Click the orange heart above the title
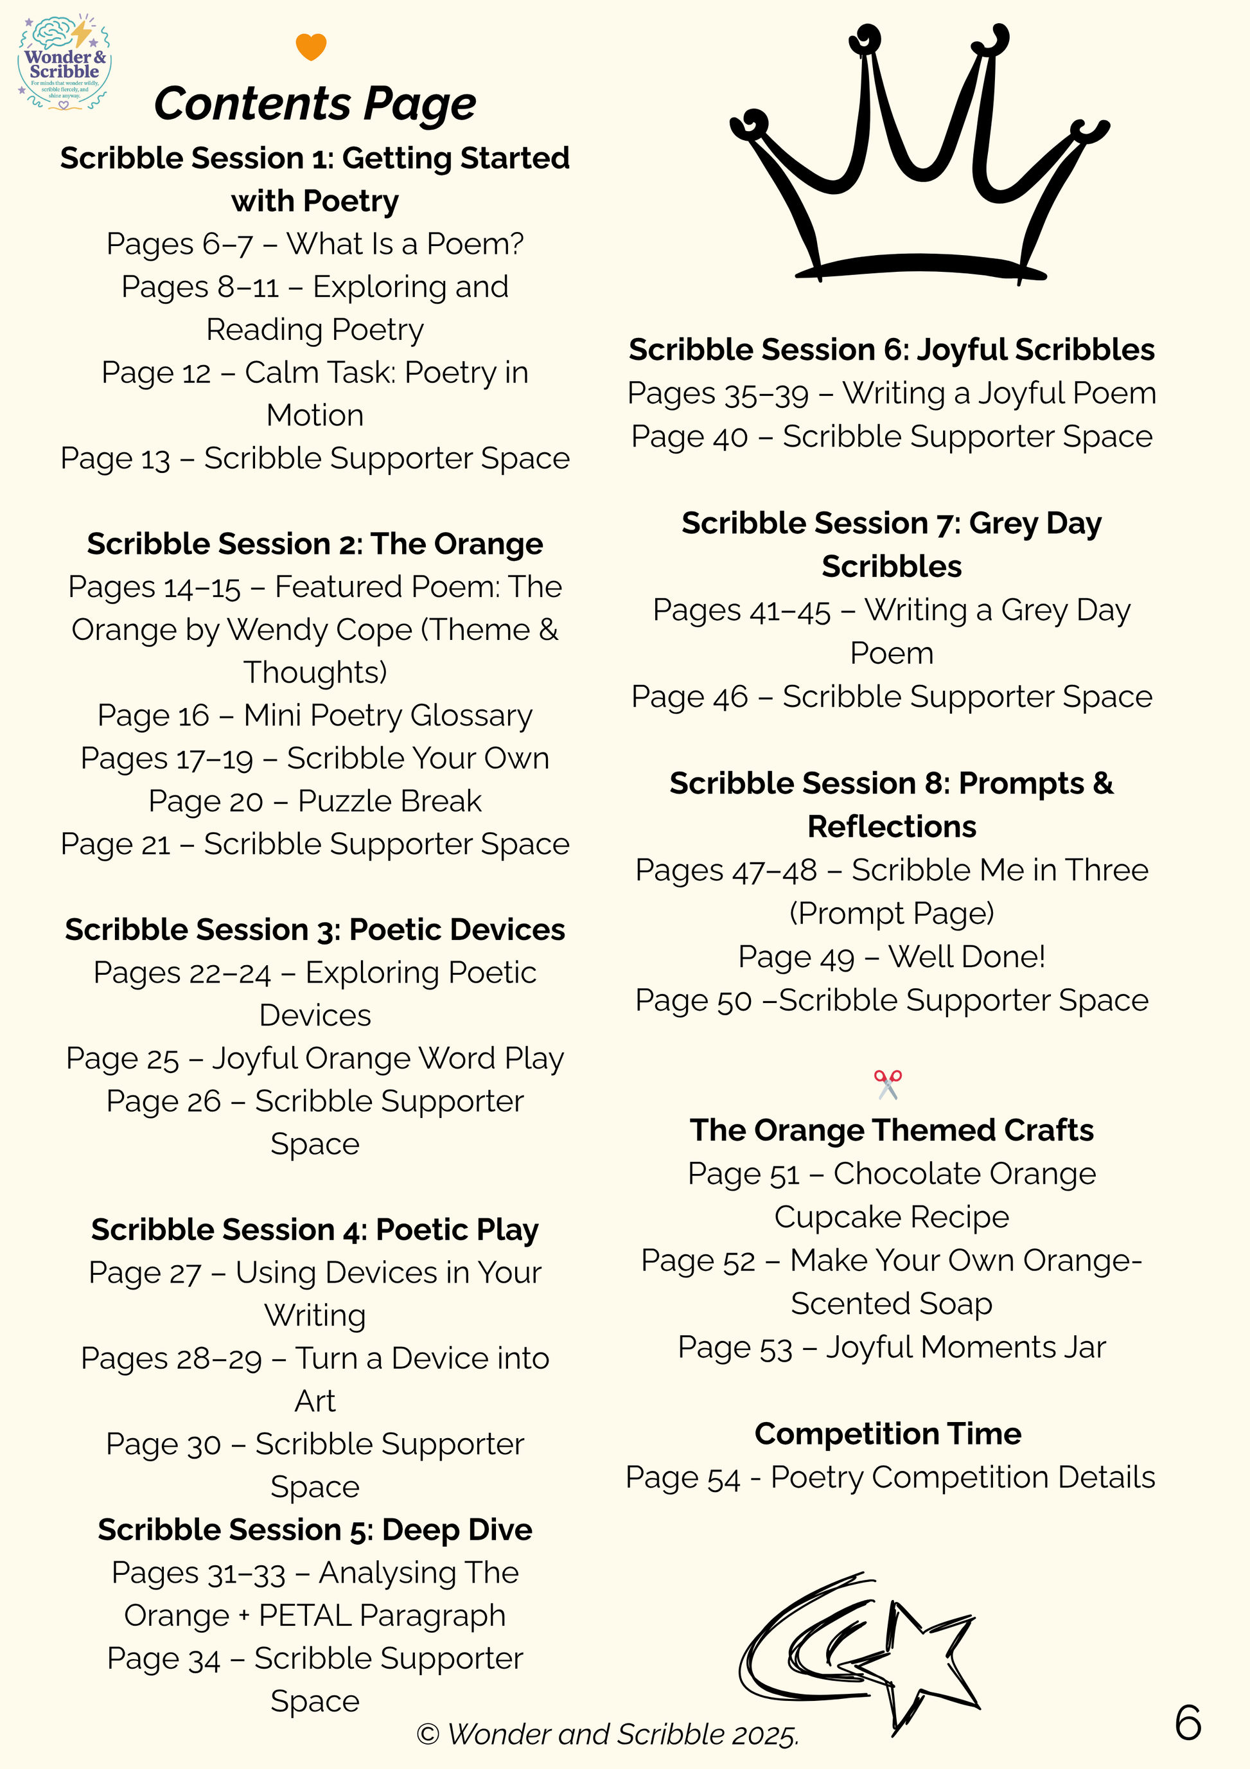310,46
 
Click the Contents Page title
315,104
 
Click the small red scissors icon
887,1084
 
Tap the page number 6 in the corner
1187,1722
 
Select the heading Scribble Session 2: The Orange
315,544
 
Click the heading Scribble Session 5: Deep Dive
315,1529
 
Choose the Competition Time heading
888,1434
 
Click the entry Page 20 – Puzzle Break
315,801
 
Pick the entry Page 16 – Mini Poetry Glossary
315,716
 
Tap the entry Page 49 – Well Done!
892,957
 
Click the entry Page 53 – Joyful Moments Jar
892,1347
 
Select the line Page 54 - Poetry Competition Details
890,1478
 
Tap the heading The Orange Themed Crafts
892,1130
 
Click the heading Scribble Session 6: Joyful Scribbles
892,350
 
